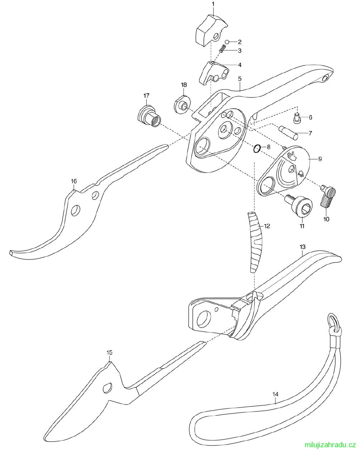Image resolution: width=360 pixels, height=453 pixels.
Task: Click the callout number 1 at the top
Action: point(213,4)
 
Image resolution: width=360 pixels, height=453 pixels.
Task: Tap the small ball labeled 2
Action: point(227,42)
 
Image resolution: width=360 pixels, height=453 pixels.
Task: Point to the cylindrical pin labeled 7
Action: point(288,132)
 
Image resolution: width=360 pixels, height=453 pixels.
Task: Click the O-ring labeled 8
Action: point(257,149)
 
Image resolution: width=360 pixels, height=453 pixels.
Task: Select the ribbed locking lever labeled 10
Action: point(328,196)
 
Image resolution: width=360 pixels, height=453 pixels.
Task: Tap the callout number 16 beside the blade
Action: point(74,181)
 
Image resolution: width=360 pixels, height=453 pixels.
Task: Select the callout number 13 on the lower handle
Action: point(302,247)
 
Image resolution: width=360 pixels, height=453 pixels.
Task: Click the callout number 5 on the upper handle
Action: point(240,79)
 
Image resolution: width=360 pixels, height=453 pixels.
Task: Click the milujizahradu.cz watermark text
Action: point(330,445)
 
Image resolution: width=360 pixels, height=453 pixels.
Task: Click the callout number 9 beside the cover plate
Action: point(320,159)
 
